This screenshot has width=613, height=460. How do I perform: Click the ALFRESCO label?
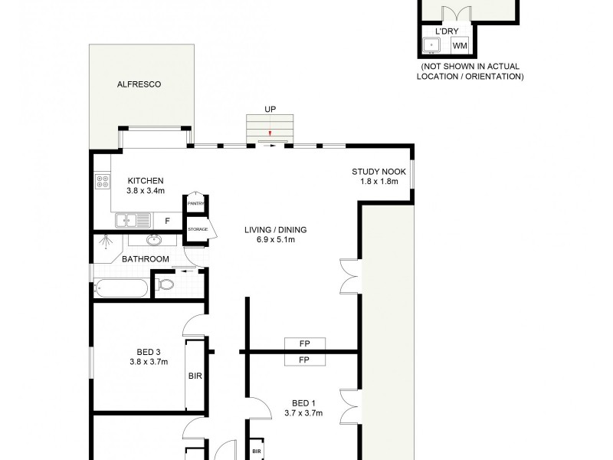click(139, 84)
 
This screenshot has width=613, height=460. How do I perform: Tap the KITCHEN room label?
click(146, 181)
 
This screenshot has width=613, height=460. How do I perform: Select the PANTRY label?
click(195, 203)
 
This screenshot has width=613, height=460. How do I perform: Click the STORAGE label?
click(198, 229)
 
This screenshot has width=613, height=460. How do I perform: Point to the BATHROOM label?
click(146, 259)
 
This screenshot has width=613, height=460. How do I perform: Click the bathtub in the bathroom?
click(121, 288)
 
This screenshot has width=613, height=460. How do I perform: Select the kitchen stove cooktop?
click(103, 182)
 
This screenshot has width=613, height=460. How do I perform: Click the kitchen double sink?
click(133, 221)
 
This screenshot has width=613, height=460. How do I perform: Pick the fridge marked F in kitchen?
click(167, 221)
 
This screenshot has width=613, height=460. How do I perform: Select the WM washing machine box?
click(459, 46)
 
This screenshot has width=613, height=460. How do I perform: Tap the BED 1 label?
click(303, 403)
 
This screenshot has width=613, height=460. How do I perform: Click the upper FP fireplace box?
click(303, 343)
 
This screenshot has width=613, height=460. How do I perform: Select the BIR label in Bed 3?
click(195, 376)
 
